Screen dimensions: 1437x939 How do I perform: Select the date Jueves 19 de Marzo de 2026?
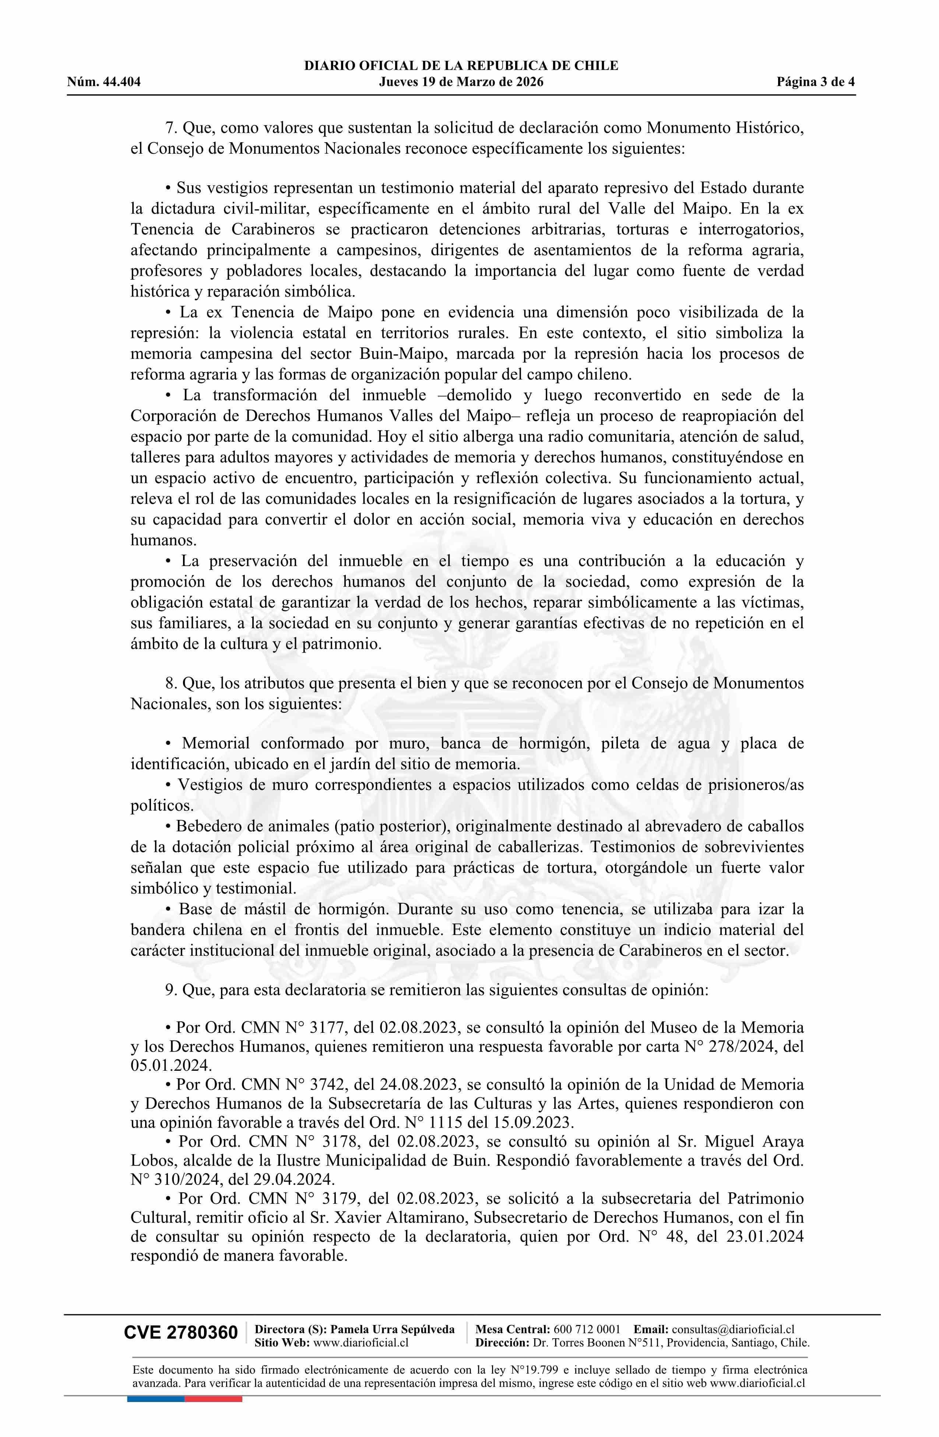[x=461, y=82]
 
